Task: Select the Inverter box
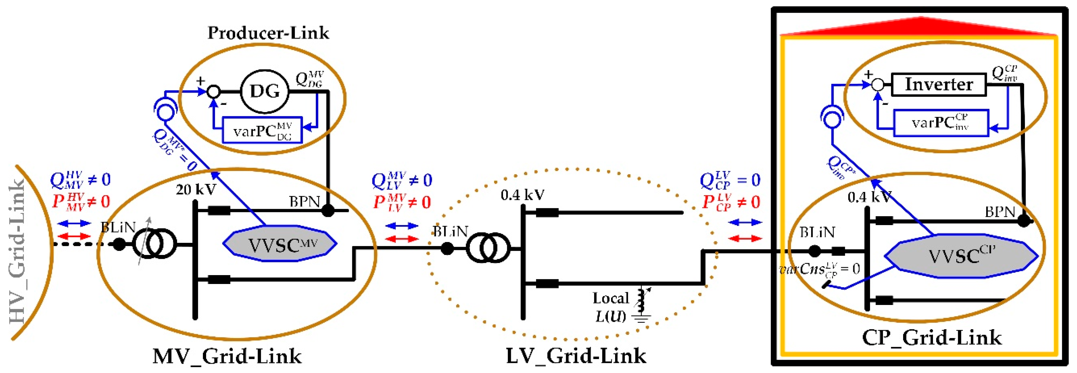[x=938, y=85]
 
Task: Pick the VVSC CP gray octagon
[x=961, y=256]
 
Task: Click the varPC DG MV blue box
[x=262, y=130]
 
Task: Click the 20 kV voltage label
[x=195, y=189]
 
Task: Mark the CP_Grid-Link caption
[x=932, y=337]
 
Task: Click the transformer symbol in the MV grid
[x=154, y=244]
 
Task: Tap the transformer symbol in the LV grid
[x=488, y=248]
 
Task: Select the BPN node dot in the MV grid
[x=328, y=210]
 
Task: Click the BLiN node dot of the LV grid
[x=447, y=249]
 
